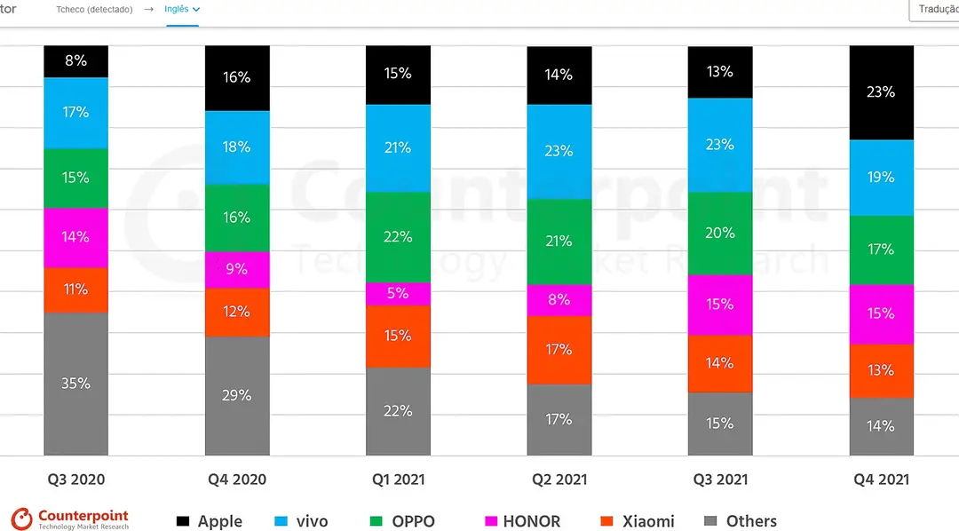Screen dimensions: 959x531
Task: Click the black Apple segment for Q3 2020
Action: point(75,61)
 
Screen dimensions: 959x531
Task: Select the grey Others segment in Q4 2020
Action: point(237,396)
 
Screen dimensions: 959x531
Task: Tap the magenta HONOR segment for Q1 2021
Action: point(398,294)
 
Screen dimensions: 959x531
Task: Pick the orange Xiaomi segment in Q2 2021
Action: point(559,350)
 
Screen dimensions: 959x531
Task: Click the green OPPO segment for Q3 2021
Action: point(720,233)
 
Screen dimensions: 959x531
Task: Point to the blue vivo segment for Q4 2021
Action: point(882,178)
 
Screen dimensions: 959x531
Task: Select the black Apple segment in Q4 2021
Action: point(882,92)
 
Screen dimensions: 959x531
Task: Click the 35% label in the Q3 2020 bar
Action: point(75,384)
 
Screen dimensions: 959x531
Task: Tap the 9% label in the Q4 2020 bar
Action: point(237,269)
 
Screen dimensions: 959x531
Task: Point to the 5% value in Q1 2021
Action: point(398,294)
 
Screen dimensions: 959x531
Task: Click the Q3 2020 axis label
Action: point(76,479)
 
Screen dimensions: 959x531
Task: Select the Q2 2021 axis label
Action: point(559,479)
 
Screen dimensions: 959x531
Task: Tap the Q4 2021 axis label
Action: point(882,479)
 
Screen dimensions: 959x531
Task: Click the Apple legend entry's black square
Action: point(183,521)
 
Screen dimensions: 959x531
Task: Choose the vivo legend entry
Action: point(302,521)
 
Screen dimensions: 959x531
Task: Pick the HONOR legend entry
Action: point(522,521)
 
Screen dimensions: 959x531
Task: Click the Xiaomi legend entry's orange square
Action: point(606,521)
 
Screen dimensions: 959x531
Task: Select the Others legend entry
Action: point(741,521)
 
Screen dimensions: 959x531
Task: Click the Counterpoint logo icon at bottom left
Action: point(22,519)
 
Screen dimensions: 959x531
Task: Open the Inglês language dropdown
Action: point(182,9)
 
